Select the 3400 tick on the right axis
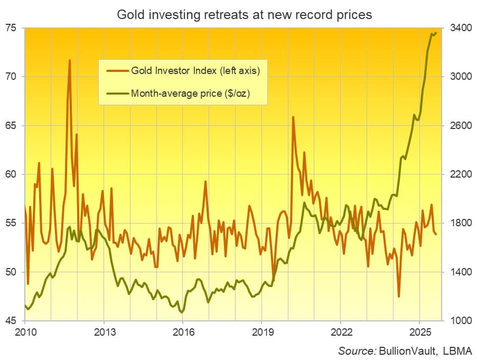point(461,28)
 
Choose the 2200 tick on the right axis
point(461,174)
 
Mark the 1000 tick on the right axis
point(461,321)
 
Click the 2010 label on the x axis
point(25,333)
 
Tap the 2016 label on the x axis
point(183,333)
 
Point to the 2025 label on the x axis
point(419,333)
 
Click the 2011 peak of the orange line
point(70,60)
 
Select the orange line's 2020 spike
point(293,117)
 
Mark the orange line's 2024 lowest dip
point(399,297)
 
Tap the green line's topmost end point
point(435,33)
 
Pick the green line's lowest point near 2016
point(182,312)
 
